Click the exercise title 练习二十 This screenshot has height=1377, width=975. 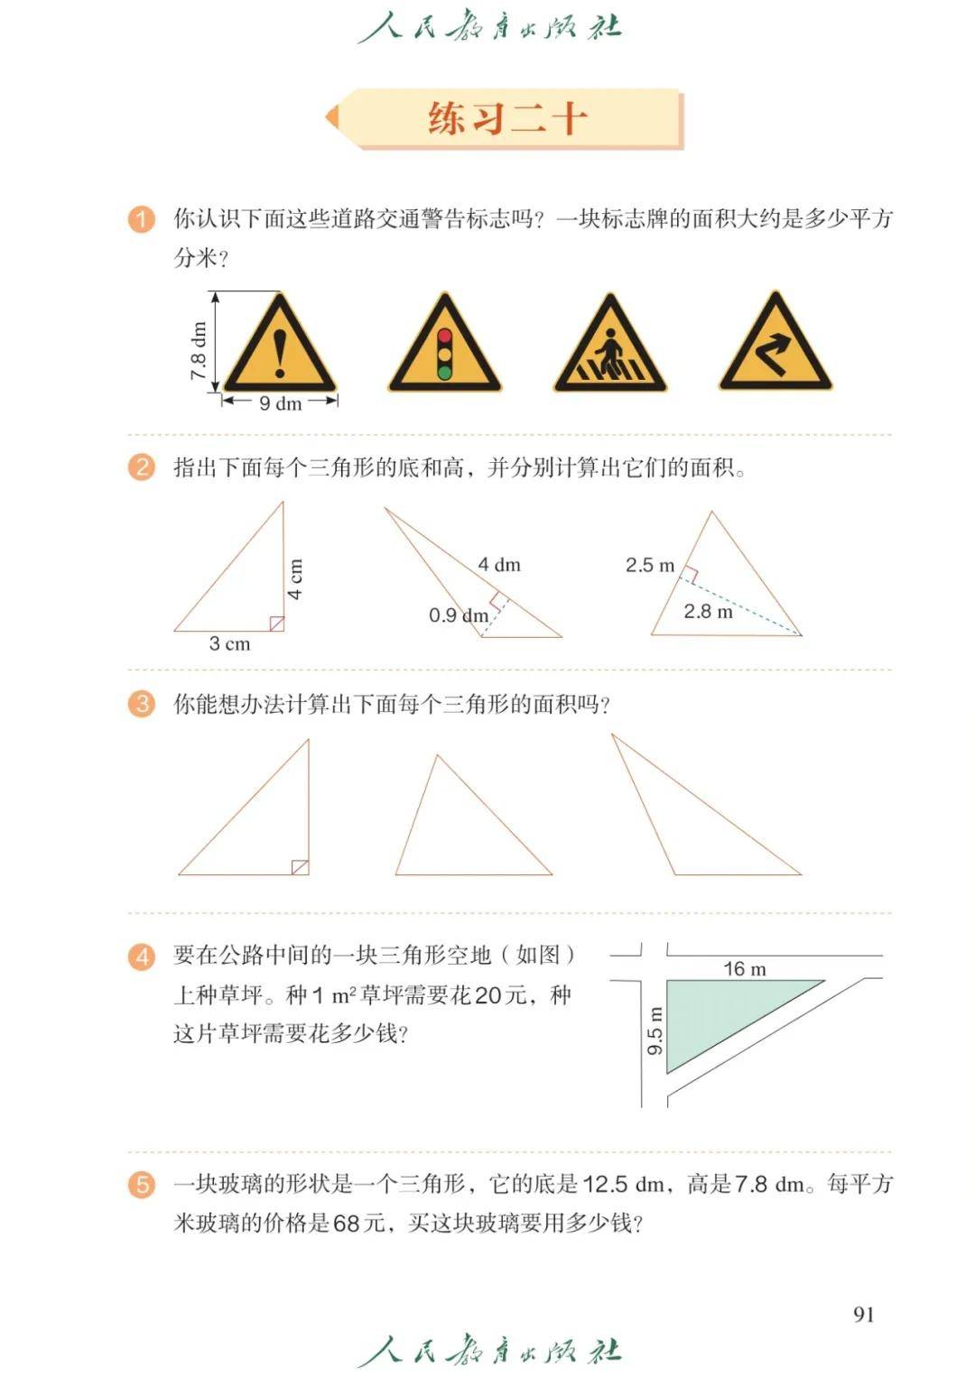(x=506, y=118)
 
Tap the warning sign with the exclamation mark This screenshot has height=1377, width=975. (x=280, y=345)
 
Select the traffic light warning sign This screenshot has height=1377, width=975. (x=445, y=345)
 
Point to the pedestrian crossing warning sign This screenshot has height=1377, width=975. (x=609, y=345)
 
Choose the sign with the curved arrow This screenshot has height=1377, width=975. (x=775, y=343)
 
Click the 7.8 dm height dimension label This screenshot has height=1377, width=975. (x=198, y=350)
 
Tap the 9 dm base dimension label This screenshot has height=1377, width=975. (x=281, y=403)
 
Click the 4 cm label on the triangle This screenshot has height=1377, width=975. (x=295, y=578)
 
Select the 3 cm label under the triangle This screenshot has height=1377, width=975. (x=229, y=643)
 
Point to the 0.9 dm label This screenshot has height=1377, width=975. (x=459, y=615)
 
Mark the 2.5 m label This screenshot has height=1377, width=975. (x=650, y=564)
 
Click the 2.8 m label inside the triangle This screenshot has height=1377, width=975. (x=708, y=611)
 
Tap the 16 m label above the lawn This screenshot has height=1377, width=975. (x=744, y=969)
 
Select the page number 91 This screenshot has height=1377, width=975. (x=864, y=1314)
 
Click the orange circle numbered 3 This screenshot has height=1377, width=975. (x=142, y=703)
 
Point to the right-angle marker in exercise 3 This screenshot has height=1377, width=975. (x=301, y=867)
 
